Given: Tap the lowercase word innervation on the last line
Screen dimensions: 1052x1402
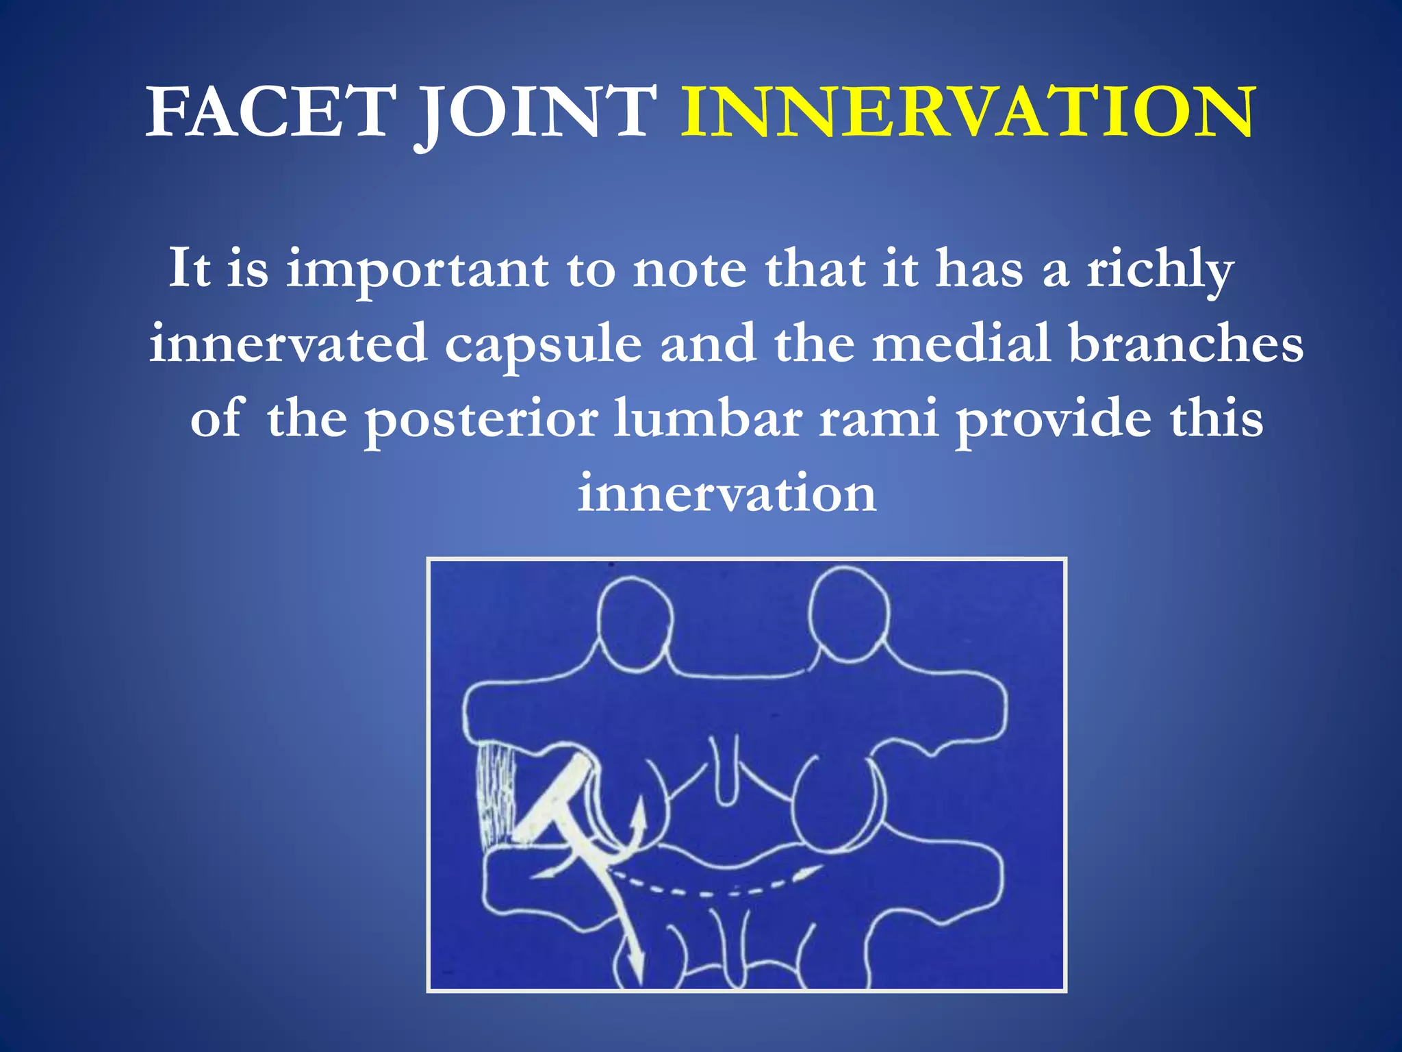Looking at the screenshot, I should coord(726,493).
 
